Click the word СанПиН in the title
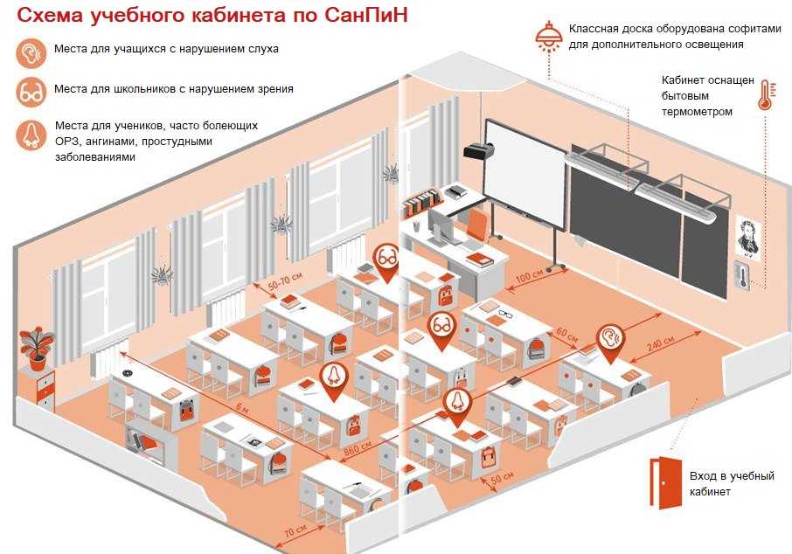(365, 15)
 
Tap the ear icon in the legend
(31, 52)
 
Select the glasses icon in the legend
(31, 93)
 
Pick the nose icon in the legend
(31, 135)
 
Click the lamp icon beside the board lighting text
(549, 37)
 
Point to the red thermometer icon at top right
(765, 95)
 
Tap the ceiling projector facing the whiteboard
(477, 150)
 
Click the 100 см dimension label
(530, 276)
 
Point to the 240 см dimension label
(660, 344)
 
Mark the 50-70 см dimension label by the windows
(285, 280)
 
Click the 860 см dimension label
(358, 448)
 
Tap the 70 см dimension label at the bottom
(295, 531)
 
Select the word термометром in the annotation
(697, 112)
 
